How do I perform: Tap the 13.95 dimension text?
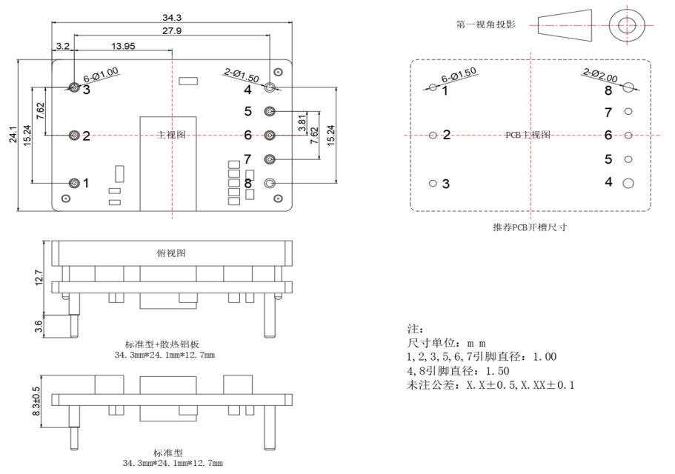(x=123, y=46)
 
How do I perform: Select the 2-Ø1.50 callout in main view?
(x=242, y=75)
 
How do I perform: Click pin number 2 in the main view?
(x=86, y=136)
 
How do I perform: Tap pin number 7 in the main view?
(x=248, y=159)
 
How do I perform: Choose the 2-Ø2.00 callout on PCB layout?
(x=600, y=75)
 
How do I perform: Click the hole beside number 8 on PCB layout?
(x=628, y=87)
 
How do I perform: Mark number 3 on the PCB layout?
(x=446, y=184)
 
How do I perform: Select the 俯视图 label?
(x=171, y=253)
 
